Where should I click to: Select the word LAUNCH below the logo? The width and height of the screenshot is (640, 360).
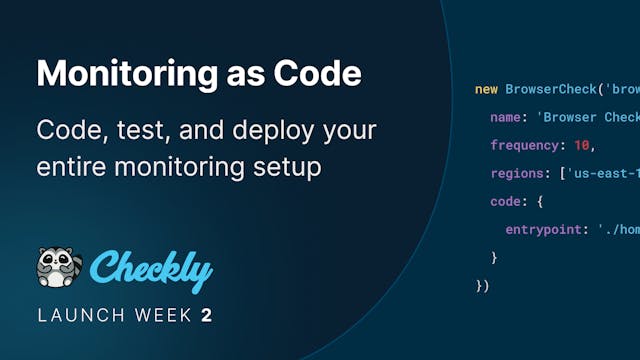pos(79,316)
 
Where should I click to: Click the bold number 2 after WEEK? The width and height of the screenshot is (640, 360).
pos(207,316)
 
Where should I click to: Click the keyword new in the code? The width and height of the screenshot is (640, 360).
pos(486,90)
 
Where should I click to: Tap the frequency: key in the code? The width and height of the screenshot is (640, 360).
pos(528,146)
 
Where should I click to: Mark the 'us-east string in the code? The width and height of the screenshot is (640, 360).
pos(605,174)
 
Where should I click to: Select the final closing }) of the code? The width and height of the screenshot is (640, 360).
pos(482,286)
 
